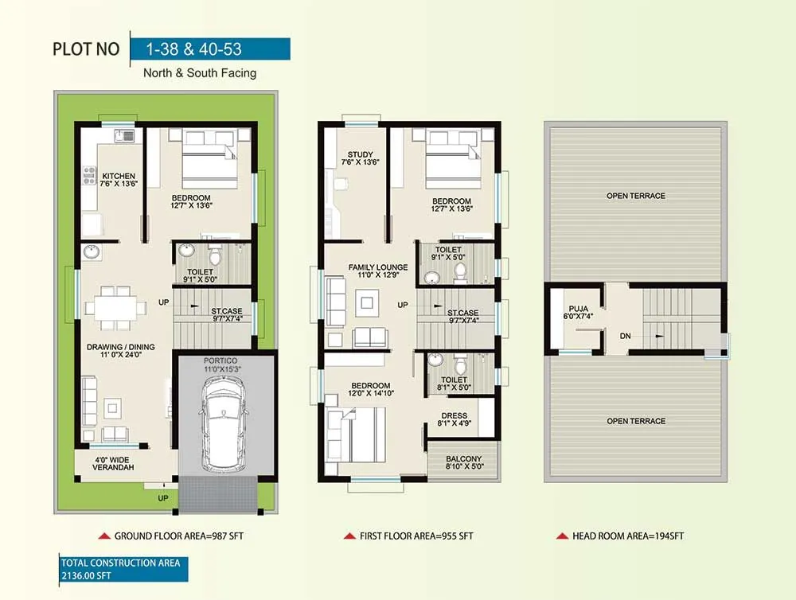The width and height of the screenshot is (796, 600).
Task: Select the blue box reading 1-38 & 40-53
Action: pyautogui.click(x=209, y=49)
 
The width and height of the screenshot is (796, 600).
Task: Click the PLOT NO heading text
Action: pyautogui.click(x=86, y=49)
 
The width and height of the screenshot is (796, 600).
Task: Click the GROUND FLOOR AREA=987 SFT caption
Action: pyautogui.click(x=178, y=536)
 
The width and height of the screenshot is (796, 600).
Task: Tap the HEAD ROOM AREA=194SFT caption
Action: pyautogui.click(x=627, y=536)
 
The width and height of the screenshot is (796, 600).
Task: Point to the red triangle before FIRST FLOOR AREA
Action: pyautogui.click(x=349, y=536)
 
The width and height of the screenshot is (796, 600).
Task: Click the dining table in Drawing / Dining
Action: pyautogui.click(x=115, y=306)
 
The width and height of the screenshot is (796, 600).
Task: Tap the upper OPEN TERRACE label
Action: pyautogui.click(x=635, y=196)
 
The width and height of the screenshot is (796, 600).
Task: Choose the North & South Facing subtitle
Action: pyautogui.click(x=199, y=73)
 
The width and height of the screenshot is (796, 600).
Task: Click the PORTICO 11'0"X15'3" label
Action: pyautogui.click(x=225, y=364)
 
